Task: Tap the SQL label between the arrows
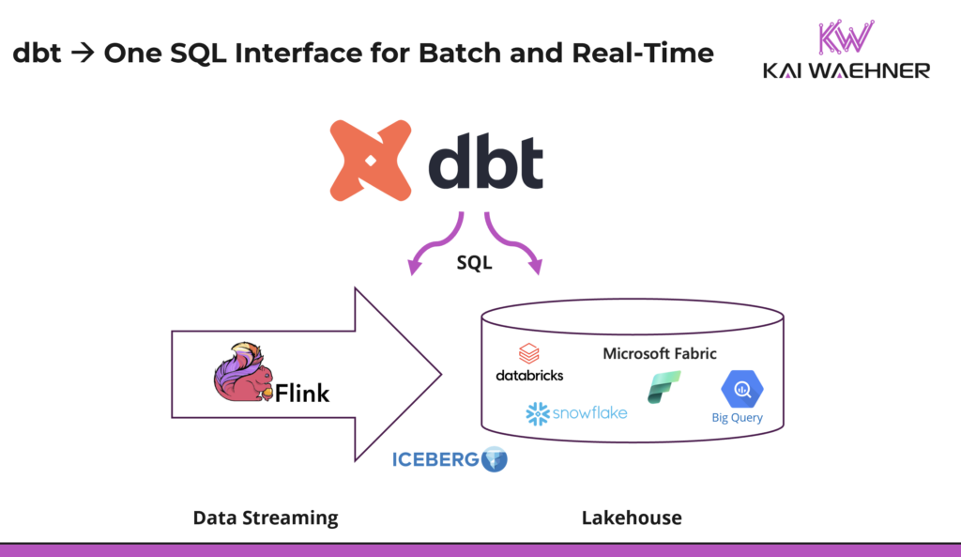click(474, 263)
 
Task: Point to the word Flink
click(301, 393)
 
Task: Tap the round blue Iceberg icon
click(494, 460)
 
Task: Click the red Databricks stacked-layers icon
click(529, 354)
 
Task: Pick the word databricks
click(529, 375)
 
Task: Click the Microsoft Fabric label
click(659, 354)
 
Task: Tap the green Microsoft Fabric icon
click(664, 387)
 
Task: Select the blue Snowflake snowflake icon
click(537, 413)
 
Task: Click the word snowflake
click(588, 413)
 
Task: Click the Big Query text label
click(737, 418)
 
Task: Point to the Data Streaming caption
click(265, 518)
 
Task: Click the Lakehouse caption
click(631, 518)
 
